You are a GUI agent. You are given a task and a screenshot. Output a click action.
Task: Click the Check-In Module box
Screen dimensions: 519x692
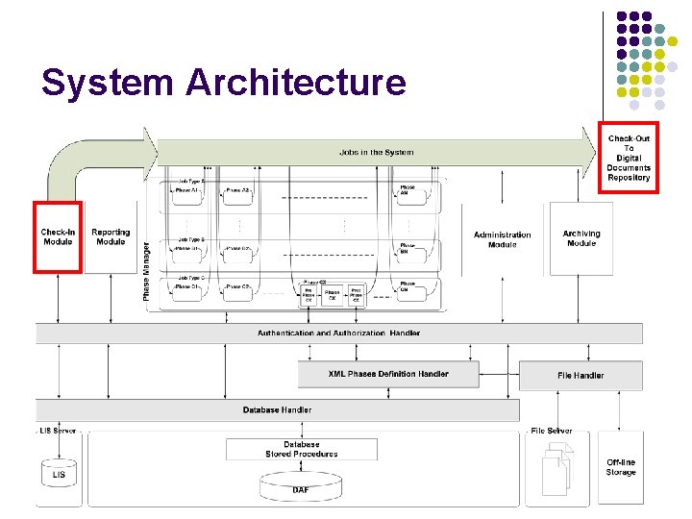click(58, 236)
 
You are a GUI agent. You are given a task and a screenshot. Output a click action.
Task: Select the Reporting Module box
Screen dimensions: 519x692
click(111, 236)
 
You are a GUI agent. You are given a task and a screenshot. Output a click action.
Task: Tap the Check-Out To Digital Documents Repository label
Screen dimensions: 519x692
click(628, 158)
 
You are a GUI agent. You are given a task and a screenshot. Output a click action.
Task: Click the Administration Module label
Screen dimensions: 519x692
click(502, 239)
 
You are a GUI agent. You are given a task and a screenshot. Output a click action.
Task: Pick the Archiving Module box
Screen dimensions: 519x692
click(581, 238)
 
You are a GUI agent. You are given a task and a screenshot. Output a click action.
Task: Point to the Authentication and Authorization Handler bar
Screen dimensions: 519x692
click(338, 334)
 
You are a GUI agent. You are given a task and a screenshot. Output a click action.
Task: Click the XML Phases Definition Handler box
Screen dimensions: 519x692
click(388, 374)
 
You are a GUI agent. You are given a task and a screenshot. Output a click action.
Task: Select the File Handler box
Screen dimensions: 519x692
click(581, 375)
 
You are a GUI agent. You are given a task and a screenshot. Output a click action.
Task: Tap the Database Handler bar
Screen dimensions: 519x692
click(277, 410)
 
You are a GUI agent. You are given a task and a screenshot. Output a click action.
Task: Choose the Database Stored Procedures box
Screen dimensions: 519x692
click(302, 449)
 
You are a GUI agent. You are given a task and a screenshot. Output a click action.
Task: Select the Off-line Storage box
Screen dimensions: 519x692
click(620, 467)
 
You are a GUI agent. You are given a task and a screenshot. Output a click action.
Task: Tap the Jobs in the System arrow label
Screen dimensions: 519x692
click(376, 152)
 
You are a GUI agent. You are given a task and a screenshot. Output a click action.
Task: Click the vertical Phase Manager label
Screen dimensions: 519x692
click(146, 272)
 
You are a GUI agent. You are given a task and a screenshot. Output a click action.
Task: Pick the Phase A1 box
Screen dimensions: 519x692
click(188, 191)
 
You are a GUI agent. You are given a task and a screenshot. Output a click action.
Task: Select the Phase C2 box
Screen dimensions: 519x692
click(237, 286)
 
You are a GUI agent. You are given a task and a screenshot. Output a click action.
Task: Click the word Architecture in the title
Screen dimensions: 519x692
click(296, 83)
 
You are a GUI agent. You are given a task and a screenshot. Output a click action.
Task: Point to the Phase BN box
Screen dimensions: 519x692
click(408, 248)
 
